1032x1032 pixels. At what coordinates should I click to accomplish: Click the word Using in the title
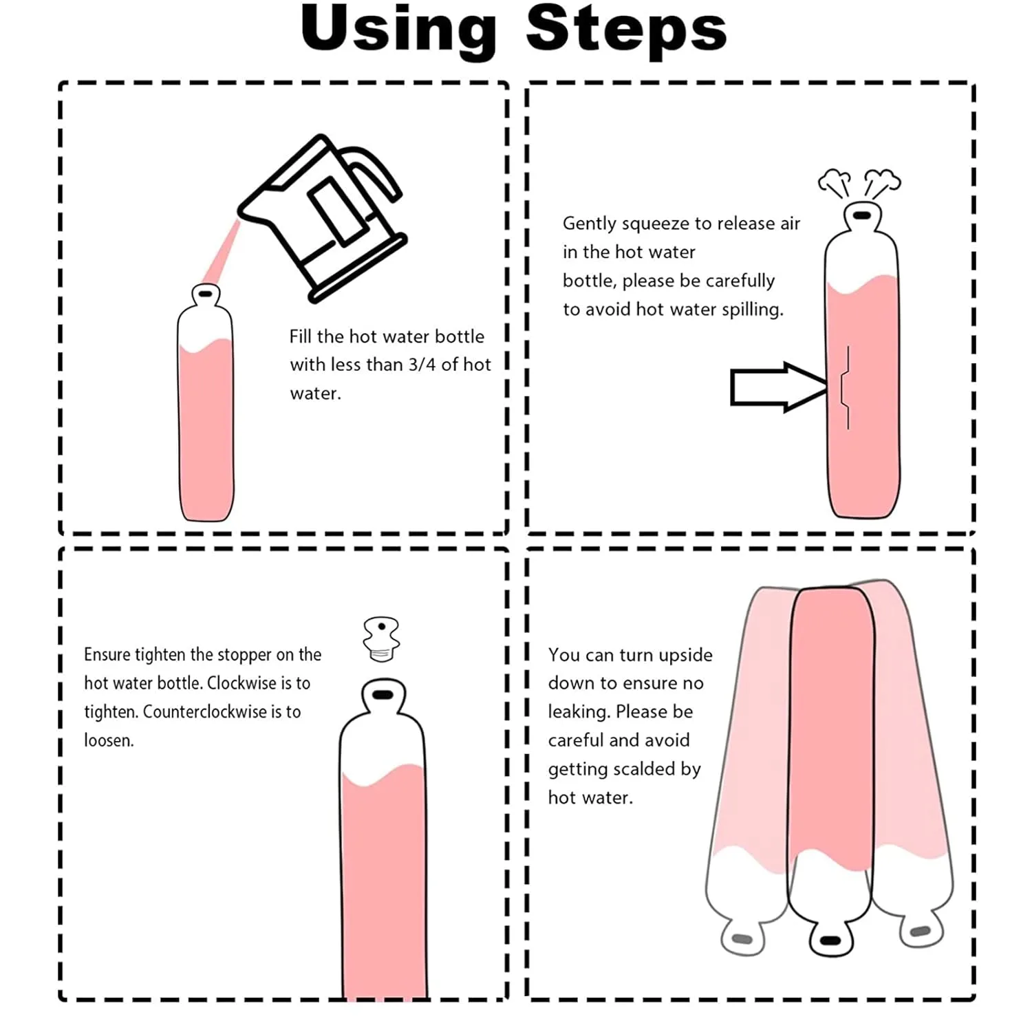pyautogui.click(x=398, y=32)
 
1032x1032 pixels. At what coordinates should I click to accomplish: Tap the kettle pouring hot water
pyautogui.click(x=323, y=217)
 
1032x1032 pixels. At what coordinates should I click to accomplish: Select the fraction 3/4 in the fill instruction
pyautogui.click(x=422, y=365)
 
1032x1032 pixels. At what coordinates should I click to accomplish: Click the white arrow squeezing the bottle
pyautogui.click(x=778, y=387)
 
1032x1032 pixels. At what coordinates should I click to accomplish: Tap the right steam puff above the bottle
pyautogui.click(x=881, y=182)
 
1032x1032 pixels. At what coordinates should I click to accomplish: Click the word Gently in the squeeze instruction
pyautogui.click(x=590, y=224)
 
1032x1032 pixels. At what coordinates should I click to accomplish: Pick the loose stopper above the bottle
pyautogui.click(x=381, y=638)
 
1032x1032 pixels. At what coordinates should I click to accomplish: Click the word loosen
pyautogui.click(x=109, y=740)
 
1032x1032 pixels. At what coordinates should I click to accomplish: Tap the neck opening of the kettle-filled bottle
pyautogui.click(x=205, y=294)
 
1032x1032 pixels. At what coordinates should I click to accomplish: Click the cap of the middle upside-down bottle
pyautogui.click(x=830, y=940)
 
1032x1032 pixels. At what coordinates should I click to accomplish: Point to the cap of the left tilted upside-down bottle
pyautogui.click(x=742, y=938)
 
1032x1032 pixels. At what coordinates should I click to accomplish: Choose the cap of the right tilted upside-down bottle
pyautogui.click(x=921, y=931)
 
